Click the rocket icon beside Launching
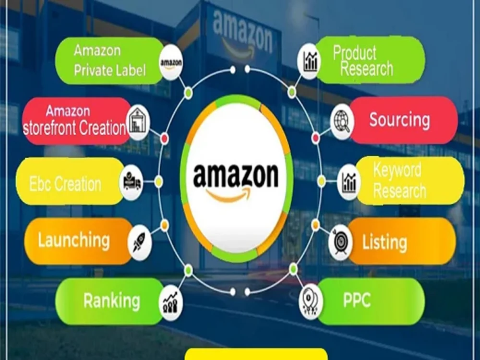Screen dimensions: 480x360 point(140,242)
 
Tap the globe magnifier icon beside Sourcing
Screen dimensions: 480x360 point(342,121)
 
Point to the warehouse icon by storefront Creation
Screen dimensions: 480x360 point(138,122)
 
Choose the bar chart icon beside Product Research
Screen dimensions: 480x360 point(310,61)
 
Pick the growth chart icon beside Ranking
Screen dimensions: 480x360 point(171,303)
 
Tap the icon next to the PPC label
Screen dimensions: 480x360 point(311,301)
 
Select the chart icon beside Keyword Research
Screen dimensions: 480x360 point(349,182)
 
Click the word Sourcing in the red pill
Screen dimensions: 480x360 point(399,120)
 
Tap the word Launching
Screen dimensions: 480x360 point(74,240)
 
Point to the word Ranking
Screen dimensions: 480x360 point(112,300)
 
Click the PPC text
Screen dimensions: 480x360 point(357,300)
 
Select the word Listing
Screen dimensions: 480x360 point(385,242)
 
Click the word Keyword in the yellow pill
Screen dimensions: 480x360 point(397,170)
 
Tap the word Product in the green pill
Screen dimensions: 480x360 point(355,53)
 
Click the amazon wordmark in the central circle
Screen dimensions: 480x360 point(236,176)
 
